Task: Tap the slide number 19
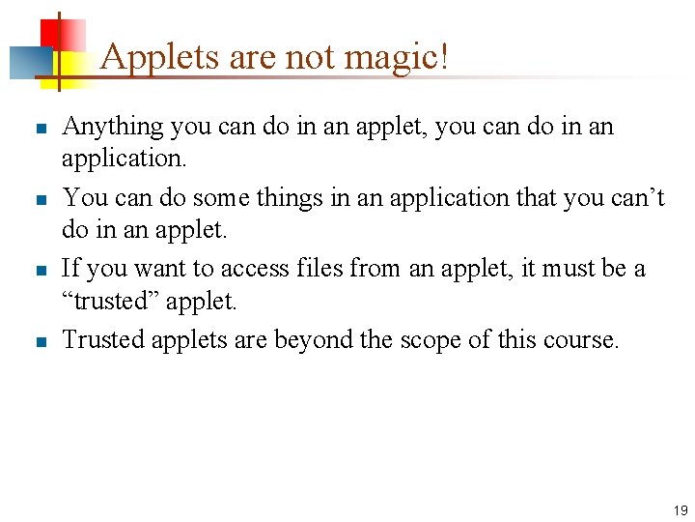pos(681,509)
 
